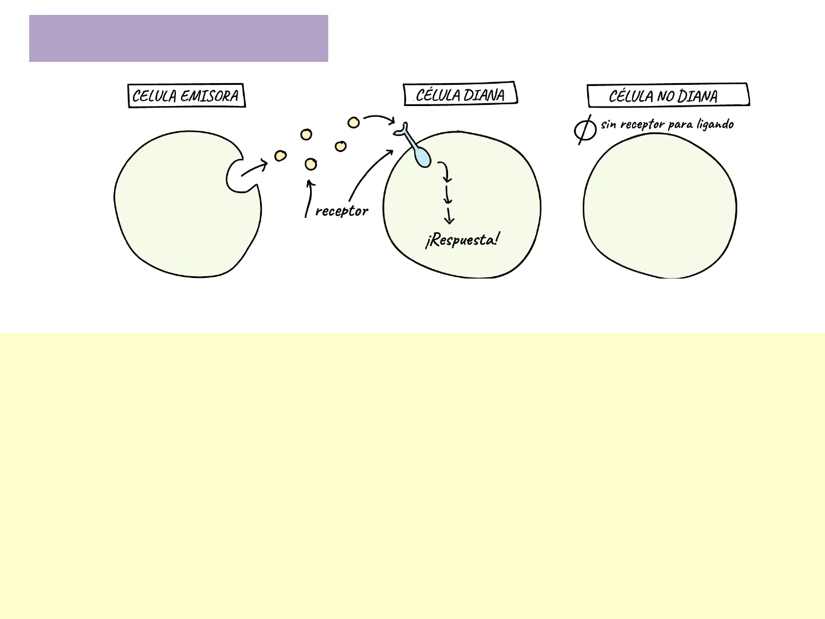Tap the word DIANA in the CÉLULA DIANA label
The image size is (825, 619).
tap(484, 95)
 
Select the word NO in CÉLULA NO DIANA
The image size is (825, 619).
tap(666, 96)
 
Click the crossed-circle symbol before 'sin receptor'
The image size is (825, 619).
tap(585, 129)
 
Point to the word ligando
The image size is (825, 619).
tap(715, 124)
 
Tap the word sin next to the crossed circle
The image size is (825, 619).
tap(608, 124)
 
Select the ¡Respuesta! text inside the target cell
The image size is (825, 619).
tap(462, 240)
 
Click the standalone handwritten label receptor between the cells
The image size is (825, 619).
tap(341, 211)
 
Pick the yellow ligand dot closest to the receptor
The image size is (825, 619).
tap(353, 123)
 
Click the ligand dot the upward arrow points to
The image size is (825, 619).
tap(311, 164)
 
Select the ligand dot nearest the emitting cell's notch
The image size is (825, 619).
tap(280, 156)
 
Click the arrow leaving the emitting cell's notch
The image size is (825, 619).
tap(254, 169)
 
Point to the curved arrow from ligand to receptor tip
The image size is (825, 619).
tap(379, 118)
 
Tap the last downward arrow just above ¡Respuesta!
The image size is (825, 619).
tap(449, 216)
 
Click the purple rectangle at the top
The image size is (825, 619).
tap(178, 38)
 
